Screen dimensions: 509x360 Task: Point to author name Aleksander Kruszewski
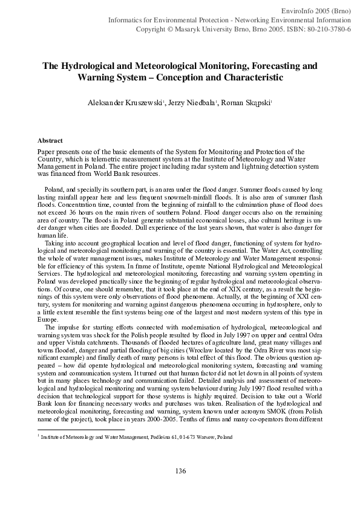pos(120,103)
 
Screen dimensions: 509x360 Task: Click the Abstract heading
pos(50,140)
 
